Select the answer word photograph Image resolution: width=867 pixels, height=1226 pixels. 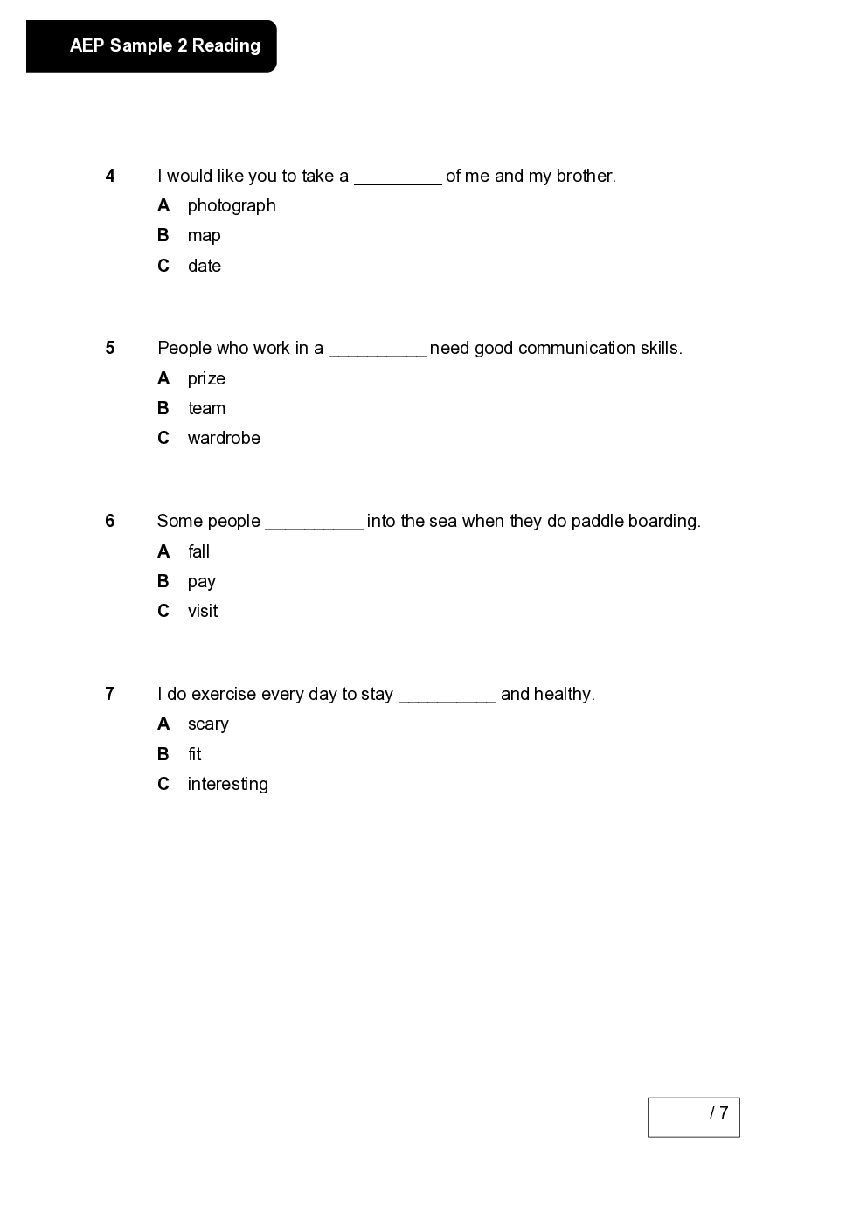click(232, 205)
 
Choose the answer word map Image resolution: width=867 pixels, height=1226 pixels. click(204, 236)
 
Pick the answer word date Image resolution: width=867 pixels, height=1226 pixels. click(204, 266)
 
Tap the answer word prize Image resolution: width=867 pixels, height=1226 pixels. click(206, 378)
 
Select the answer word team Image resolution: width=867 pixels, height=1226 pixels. click(206, 408)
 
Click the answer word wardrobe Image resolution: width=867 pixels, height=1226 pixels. click(224, 438)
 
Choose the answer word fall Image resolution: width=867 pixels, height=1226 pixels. click(198, 551)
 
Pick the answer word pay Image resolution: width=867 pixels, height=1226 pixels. click(201, 582)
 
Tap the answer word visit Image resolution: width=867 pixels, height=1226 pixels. click(203, 611)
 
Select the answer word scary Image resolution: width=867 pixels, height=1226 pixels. click(208, 724)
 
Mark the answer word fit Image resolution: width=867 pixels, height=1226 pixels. click(194, 754)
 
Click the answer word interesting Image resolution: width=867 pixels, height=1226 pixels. click(227, 784)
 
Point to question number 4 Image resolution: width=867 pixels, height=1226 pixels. click(110, 176)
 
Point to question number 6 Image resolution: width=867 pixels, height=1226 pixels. click(110, 521)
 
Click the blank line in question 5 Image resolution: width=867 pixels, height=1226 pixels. click(377, 354)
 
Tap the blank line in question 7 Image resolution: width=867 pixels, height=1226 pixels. click(447, 700)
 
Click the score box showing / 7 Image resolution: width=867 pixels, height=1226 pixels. click(693, 1117)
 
